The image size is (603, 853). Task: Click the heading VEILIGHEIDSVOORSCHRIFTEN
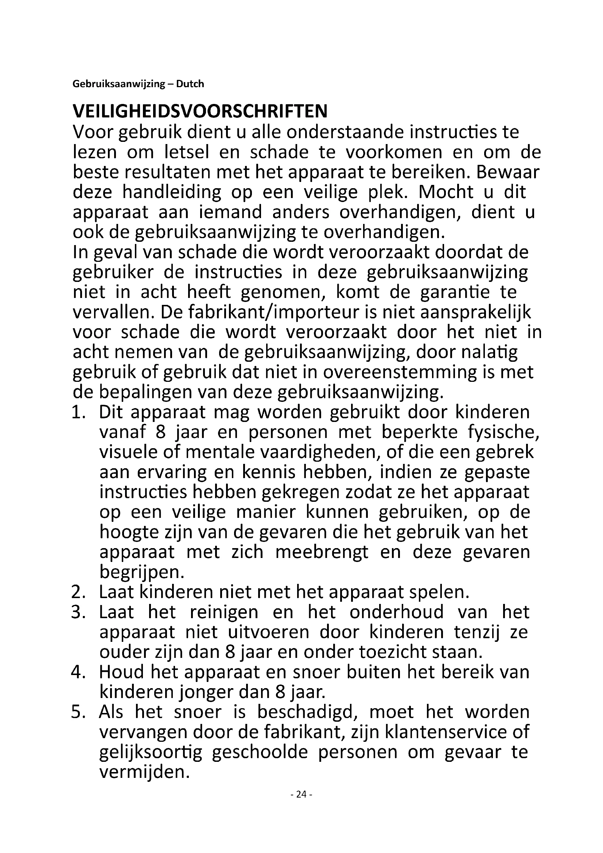click(x=200, y=111)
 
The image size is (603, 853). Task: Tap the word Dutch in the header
click(x=190, y=84)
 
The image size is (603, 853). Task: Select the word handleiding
click(x=172, y=193)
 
